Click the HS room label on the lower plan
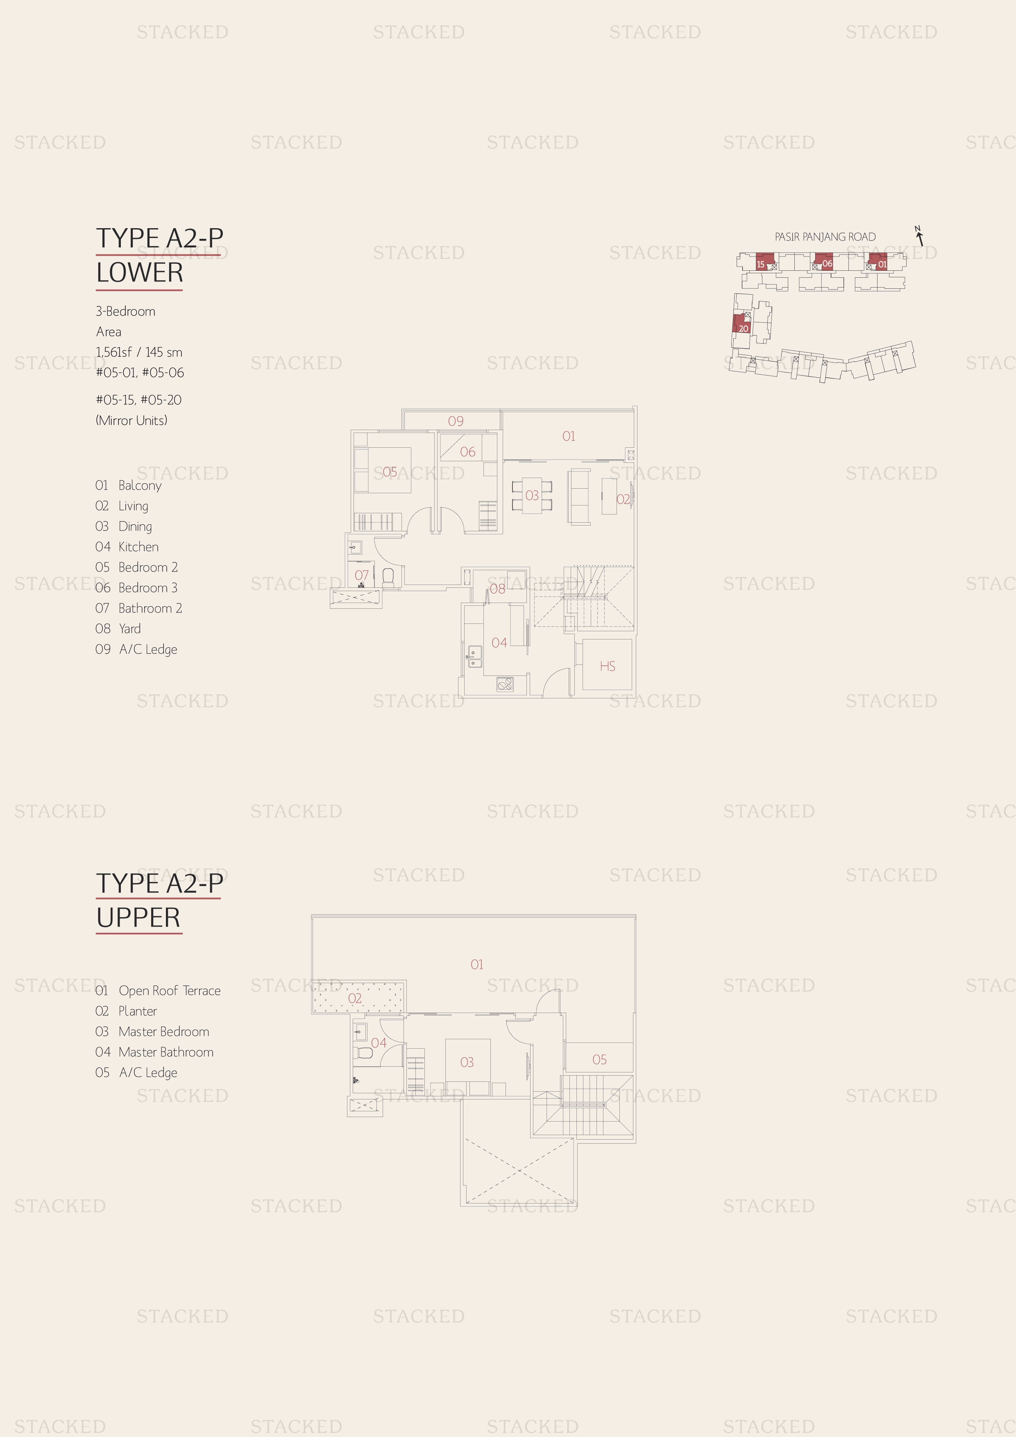tap(607, 666)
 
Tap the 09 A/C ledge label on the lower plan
tap(456, 421)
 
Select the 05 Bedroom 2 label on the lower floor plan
tap(389, 472)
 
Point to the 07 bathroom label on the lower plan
tap(361, 575)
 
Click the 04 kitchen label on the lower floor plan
tap(499, 643)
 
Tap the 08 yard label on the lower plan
tap(497, 589)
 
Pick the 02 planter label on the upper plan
tap(355, 998)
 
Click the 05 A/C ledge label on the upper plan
tap(599, 1060)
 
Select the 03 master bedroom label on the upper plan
tap(466, 1062)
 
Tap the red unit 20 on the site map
tap(741, 324)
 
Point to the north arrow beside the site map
tap(920, 236)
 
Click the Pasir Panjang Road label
tap(825, 237)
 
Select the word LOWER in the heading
tap(140, 273)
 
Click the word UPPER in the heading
tap(138, 918)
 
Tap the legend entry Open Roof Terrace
tap(170, 991)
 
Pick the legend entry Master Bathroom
tap(166, 1052)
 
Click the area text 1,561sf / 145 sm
tap(139, 352)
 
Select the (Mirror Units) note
tap(132, 421)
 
